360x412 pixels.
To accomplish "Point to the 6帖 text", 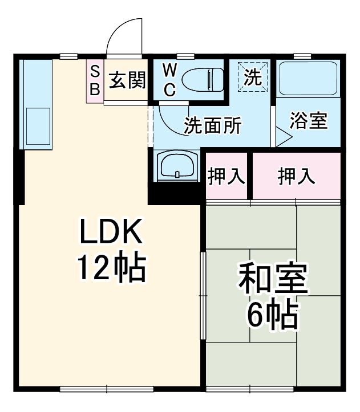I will (x=273, y=315).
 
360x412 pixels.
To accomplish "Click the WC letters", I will (x=170, y=80).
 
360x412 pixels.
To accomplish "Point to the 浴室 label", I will (x=309, y=121).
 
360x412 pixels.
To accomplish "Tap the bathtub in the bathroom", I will (x=309, y=79).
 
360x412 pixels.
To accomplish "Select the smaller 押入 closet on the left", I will (x=226, y=176).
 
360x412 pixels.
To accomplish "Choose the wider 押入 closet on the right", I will (x=296, y=176).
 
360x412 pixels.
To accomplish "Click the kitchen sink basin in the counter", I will (x=38, y=127).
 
